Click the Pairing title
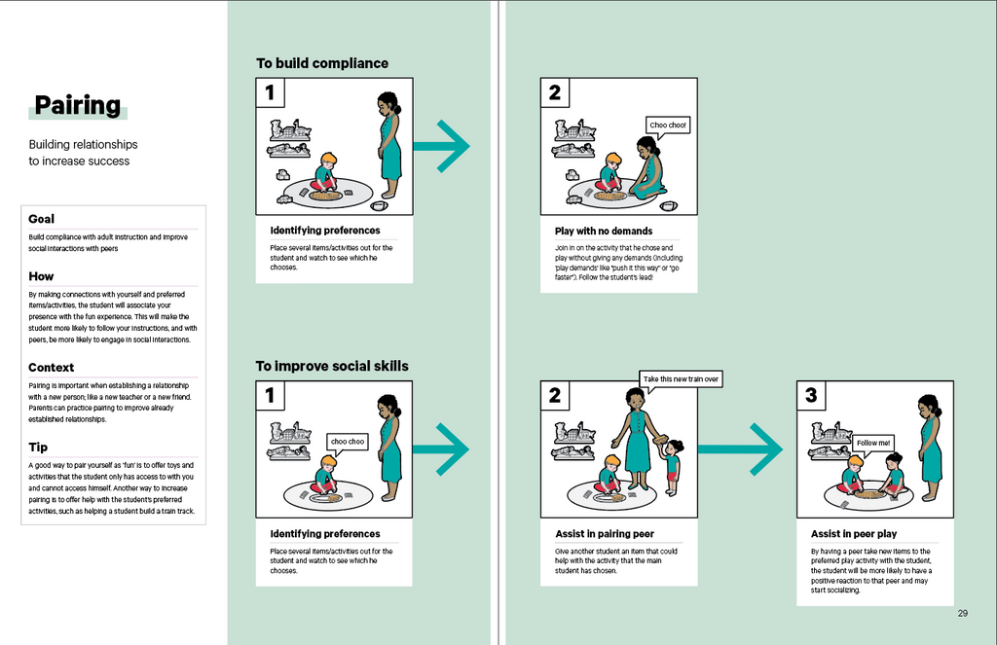click(x=78, y=105)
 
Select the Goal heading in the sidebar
click(x=42, y=219)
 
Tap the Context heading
click(x=52, y=368)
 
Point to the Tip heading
click(x=38, y=447)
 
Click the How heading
click(x=42, y=276)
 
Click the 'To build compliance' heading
click(x=321, y=63)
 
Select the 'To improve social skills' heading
click(x=332, y=367)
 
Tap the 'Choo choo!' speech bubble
click(x=669, y=125)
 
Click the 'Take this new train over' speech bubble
click(x=681, y=378)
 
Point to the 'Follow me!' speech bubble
click(x=872, y=443)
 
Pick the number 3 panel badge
click(x=812, y=396)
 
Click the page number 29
click(x=962, y=613)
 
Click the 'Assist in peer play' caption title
click(x=854, y=534)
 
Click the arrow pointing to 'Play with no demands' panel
click(x=442, y=147)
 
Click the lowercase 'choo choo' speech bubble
click(x=348, y=442)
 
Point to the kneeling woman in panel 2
click(x=646, y=169)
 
